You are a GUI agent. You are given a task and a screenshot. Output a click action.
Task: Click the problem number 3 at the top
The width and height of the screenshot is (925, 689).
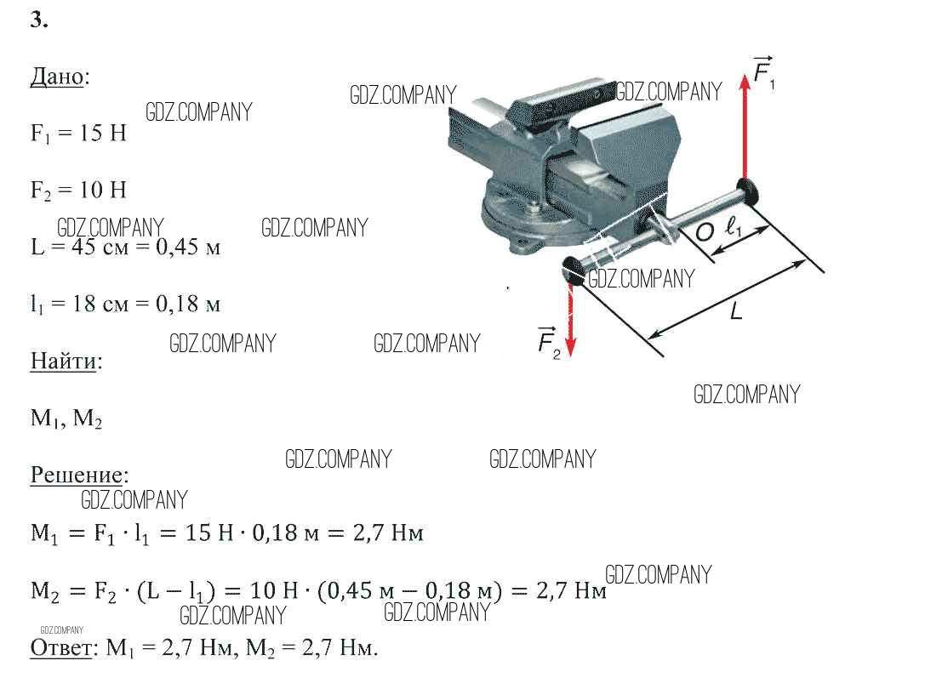(x=39, y=20)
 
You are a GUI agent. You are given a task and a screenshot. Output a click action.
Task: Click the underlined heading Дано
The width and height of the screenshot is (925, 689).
(x=57, y=77)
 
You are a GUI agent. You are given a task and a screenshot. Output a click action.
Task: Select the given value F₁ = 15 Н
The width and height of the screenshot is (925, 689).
(x=78, y=134)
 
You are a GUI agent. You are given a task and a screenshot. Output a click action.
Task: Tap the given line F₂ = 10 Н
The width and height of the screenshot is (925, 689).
(x=78, y=191)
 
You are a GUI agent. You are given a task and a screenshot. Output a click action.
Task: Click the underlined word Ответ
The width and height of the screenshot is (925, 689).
(x=60, y=647)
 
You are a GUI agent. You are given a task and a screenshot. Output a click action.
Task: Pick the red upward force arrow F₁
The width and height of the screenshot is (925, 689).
(x=745, y=127)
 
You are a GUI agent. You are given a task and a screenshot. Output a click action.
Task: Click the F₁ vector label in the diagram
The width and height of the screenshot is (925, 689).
(x=764, y=72)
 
